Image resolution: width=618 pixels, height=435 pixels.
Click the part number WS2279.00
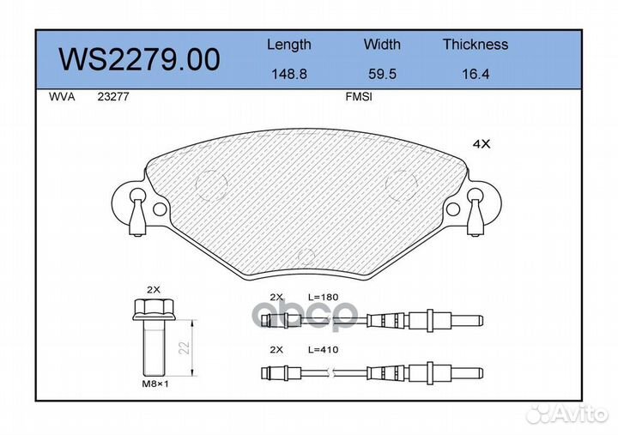pos(138,59)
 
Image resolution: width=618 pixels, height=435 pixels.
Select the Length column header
pos(288,45)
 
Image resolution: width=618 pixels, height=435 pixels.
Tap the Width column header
pos(382,45)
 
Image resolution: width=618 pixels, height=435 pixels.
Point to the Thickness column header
pos(475,45)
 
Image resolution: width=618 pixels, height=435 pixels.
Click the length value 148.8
pos(288,75)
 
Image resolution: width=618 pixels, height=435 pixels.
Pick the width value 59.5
pos(382,75)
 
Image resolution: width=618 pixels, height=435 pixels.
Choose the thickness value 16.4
pos(475,75)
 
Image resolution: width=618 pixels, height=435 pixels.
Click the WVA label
pos(62,98)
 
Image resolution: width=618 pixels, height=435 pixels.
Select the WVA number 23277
pos(112,98)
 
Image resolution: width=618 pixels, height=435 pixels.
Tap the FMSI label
pos(358,98)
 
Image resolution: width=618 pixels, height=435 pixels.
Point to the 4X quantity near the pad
pos(482,145)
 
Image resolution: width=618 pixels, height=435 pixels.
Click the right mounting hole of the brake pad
pos(452,208)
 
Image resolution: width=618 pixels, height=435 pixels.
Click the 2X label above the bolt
pos(154,290)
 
